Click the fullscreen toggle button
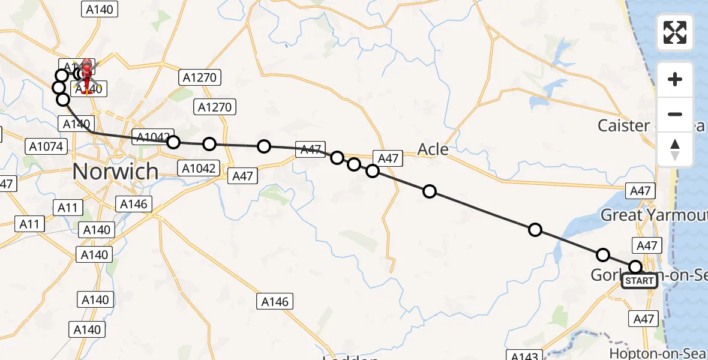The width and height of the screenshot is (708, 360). click(x=675, y=32)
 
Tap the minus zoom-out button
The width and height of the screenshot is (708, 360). click(x=675, y=114)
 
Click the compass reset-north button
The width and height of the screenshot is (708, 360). click(x=675, y=149)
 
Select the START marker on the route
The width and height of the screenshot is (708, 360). click(x=640, y=281)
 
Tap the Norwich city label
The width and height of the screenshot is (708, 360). click(x=115, y=172)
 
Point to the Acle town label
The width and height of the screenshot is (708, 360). click(x=433, y=149)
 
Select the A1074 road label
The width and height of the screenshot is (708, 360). click(x=46, y=146)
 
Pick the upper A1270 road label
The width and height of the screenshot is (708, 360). click(x=200, y=77)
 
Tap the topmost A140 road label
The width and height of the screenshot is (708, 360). click(x=99, y=9)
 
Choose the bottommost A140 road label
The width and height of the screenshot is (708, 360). click(x=87, y=329)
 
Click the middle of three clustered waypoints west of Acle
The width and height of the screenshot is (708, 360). click(x=354, y=164)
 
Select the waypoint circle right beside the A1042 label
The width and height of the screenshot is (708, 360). click(x=173, y=142)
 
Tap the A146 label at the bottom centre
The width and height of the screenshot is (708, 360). click(x=275, y=301)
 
